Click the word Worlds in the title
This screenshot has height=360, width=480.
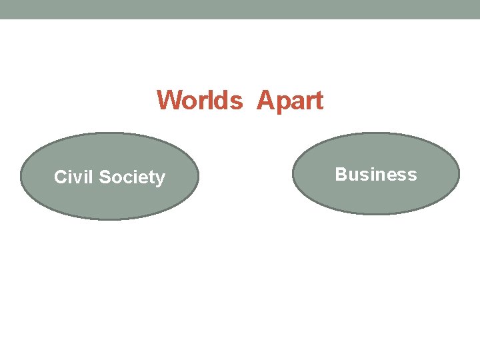[x=200, y=101]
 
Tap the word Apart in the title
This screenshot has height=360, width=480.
[x=290, y=101]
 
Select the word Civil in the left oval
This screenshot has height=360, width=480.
[x=73, y=177]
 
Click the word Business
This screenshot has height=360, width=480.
[x=376, y=175]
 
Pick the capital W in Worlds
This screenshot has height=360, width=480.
[x=169, y=101]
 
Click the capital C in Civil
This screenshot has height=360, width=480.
[x=60, y=177]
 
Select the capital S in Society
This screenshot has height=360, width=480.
[x=105, y=177]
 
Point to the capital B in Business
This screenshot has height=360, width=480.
[x=341, y=175]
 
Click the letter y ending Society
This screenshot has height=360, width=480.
[x=161, y=179]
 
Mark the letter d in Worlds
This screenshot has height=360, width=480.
[x=223, y=101]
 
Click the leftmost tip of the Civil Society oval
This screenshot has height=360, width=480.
[x=21, y=177]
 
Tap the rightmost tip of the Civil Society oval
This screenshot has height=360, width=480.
[x=199, y=177]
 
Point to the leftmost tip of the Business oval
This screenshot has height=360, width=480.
[x=293, y=173]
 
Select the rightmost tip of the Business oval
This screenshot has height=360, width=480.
[x=459, y=173]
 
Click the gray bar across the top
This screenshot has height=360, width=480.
[x=240, y=9]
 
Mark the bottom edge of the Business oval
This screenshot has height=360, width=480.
[x=376, y=213]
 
